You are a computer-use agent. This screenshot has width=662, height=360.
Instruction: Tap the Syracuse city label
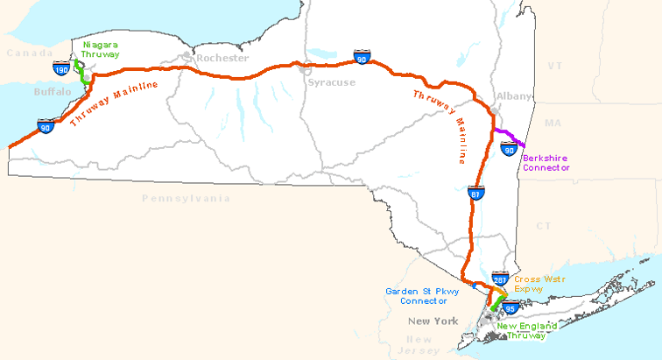tap(331, 82)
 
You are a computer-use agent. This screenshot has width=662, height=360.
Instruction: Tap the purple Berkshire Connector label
tap(546, 162)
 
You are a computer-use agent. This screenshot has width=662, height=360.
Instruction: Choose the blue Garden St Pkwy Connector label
tap(423, 296)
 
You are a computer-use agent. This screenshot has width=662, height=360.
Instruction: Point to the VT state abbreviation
tap(553, 66)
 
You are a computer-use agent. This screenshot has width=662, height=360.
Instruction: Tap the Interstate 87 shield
tap(475, 191)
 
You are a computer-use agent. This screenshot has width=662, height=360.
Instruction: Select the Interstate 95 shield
tap(504, 307)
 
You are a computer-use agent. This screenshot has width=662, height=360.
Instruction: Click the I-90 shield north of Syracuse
tap(361, 56)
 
